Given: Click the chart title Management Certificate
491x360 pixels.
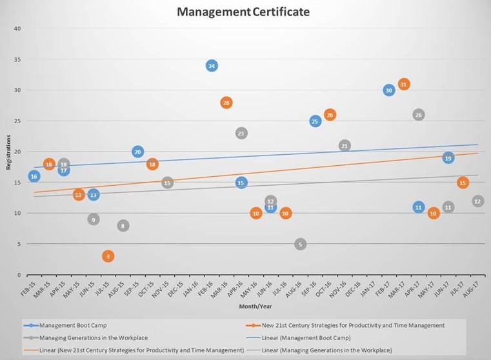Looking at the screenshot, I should click(x=244, y=12).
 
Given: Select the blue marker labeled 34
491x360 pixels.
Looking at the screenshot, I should click(x=212, y=66).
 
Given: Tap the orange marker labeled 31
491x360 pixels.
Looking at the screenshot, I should click(x=404, y=85).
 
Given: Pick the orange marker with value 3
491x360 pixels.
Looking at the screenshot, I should click(x=108, y=256).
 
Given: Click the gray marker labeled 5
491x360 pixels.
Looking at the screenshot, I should click(x=300, y=244).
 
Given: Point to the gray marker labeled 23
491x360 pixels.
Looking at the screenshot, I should click(x=241, y=134).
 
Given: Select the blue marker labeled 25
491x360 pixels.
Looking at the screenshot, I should click(x=315, y=121).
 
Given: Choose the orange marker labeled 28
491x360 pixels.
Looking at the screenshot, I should click(x=226, y=103).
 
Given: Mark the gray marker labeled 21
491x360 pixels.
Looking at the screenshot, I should click(x=345, y=146).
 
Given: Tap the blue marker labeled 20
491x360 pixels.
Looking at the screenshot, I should click(x=138, y=152).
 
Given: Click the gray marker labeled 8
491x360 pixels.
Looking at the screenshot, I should click(x=123, y=226).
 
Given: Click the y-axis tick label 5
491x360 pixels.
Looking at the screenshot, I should click(x=19, y=244).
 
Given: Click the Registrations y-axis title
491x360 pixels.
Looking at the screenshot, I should click(x=8, y=152).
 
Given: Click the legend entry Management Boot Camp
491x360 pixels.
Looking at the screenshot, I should click(x=73, y=326).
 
